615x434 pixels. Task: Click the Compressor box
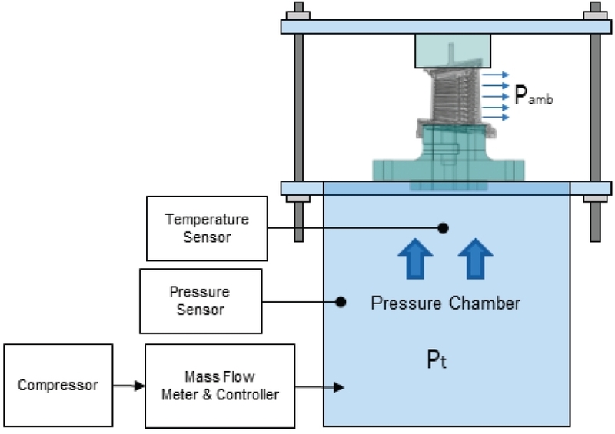(x=58, y=385)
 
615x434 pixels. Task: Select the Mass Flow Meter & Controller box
(x=220, y=385)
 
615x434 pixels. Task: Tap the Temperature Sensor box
(x=207, y=228)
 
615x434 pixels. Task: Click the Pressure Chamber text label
(x=445, y=303)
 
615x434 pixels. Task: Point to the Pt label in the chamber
(x=437, y=359)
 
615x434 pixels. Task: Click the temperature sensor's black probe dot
(x=443, y=227)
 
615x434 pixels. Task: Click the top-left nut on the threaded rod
(x=298, y=15)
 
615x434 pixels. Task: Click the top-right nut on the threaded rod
(x=594, y=15)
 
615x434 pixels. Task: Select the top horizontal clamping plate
(x=446, y=26)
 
